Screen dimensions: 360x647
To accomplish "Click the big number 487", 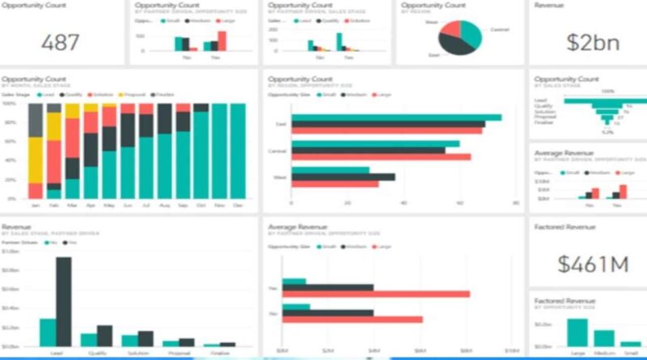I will (61, 42).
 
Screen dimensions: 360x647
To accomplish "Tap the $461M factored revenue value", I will (582, 263).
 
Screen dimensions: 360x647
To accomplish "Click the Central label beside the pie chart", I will (498, 30).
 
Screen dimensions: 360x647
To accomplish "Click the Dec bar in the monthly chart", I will (238, 150).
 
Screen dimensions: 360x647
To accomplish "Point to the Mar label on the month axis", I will (73, 206).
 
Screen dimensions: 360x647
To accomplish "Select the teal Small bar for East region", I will (396, 117).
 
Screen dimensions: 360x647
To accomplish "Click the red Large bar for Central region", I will (381, 157).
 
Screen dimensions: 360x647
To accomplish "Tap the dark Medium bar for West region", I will (343, 176).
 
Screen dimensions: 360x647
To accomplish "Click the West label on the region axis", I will (280, 177).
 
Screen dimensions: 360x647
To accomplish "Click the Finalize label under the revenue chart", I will (220, 353).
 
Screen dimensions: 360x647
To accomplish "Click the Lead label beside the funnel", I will (540, 100).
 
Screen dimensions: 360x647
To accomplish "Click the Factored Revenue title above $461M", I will (565, 227).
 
